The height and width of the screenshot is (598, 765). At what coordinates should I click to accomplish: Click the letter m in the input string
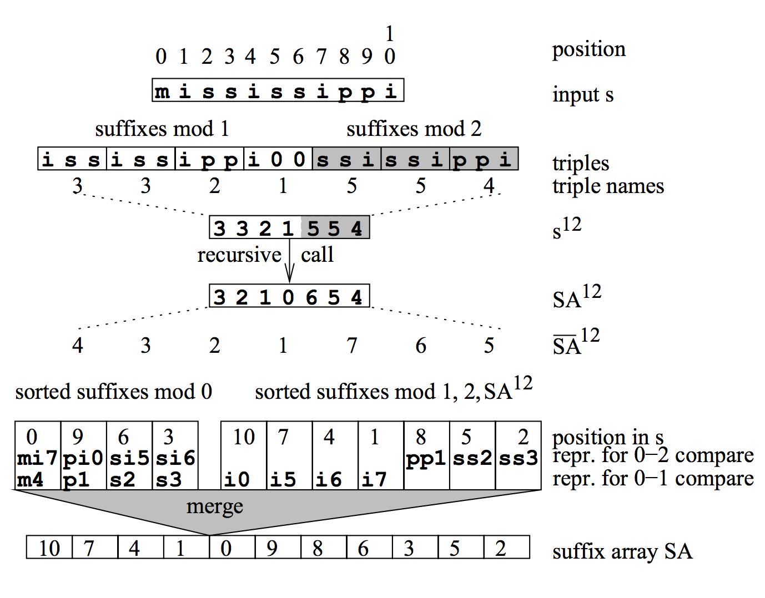click(x=162, y=91)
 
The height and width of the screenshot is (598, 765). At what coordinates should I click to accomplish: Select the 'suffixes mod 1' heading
click(x=162, y=129)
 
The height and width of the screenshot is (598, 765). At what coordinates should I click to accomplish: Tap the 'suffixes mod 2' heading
click(x=414, y=129)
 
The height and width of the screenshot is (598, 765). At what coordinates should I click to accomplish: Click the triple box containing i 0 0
click(x=277, y=159)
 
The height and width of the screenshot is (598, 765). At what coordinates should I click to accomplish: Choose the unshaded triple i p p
click(x=209, y=159)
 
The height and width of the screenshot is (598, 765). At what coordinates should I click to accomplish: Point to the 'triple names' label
click(x=608, y=186)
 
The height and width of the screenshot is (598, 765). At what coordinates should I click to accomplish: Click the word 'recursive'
click(x=239, y=255)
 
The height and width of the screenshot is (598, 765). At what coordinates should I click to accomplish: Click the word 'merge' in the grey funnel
click(x=214, y=506)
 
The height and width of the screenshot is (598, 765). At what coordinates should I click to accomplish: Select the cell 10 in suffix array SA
click(x=49, y=548)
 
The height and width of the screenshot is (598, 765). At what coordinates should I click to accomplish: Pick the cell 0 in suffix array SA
click(x=226, y=548)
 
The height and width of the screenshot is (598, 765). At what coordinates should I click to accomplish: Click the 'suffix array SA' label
click(x=622, y=551)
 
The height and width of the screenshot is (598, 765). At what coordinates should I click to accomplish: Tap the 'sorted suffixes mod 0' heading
click(x=114, y=392)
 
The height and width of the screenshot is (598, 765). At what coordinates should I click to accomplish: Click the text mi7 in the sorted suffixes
click(x=37, y=458)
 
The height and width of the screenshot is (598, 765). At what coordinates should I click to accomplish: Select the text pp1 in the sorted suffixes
click(x=426, y=458)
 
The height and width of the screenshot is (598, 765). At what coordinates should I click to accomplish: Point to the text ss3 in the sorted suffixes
click(x=518, y=458)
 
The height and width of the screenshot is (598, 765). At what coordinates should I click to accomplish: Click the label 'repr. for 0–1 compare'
click(x=653, y=478)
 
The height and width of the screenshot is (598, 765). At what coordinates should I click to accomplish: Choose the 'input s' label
click(x=583, y=94)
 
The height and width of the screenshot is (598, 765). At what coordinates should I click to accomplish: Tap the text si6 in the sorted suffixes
click(x=175, y=458)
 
